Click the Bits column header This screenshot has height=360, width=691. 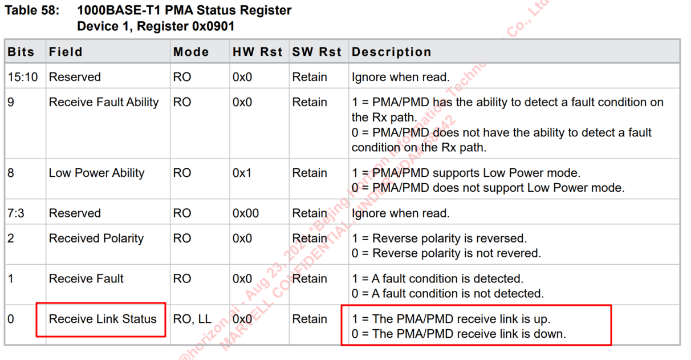click(21, 52)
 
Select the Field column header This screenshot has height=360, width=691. click(66, 52)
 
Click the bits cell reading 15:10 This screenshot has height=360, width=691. click(23, 77)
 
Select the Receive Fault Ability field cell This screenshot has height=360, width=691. click(104, 102)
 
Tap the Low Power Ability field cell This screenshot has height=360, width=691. click(96, 173)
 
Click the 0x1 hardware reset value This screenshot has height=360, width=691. click(242, 173)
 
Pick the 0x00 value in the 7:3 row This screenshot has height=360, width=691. click(245, 213)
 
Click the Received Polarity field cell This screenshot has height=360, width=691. click(96, 238)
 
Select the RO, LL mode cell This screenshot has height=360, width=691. click(192, 319)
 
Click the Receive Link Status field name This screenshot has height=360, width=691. click(103, 319)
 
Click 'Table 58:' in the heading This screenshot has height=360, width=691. click(32, 10)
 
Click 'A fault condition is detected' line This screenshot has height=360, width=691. click(437, 278)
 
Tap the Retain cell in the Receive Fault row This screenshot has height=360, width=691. click(310, 278)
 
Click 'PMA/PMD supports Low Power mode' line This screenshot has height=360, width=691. click(466, 173)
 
